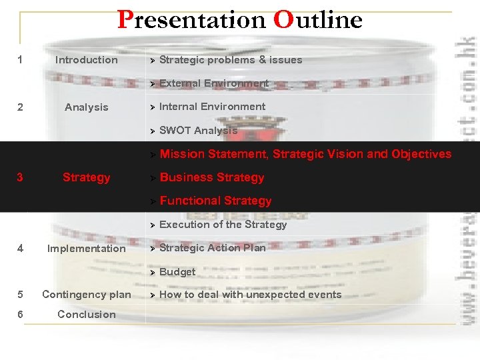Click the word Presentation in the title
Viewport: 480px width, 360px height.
(x=192, y=20)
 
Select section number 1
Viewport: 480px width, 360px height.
(x=20, y=60)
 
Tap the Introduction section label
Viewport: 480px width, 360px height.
(x=86, y=60)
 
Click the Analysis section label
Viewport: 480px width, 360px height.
(x=86, y=107)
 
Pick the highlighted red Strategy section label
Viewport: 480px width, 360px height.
(x=86, y=177)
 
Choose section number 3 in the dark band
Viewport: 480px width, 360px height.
(x=20, y=177)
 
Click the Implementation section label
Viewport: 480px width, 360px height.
(x=86, y=249)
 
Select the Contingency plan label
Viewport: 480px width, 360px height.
(x=86, y=295)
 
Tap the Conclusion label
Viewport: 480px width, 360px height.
(x=86, y=315)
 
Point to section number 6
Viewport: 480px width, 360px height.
(x=20, y=315)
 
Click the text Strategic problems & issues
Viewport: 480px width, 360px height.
(x=231, y=60)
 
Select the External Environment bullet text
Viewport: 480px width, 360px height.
(x=213, y=83)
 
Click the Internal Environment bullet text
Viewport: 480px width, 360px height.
(x=212, y=107)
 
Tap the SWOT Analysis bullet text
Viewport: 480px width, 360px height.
(x=198, y=131)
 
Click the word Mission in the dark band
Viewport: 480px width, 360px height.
(x=182, y=154)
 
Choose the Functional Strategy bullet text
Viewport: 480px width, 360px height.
(x=215, y=201)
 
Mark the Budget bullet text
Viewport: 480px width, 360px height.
(x=177, y=272)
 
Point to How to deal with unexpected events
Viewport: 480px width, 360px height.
(x=250, y=295)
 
